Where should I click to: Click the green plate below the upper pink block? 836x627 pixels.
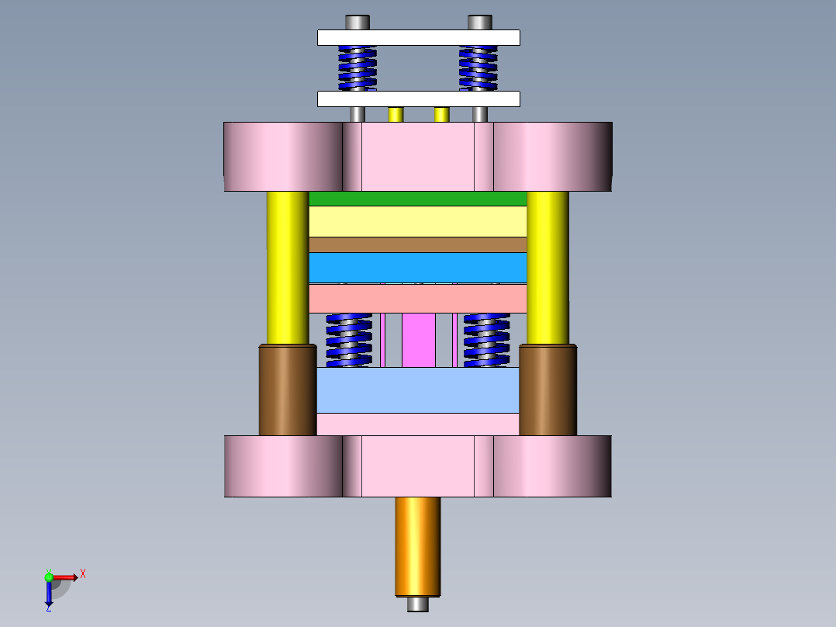click(418, 199)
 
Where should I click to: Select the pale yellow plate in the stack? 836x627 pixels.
click(418, 221)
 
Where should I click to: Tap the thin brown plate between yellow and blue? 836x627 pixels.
click(418, 244)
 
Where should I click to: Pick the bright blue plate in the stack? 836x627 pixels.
click(418, 267)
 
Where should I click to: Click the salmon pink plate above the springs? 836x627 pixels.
click(418, 299)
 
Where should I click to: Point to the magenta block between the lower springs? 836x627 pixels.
click(419, 340)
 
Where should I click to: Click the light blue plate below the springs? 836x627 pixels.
click(418, 390)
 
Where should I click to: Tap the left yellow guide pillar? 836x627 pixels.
click(288, 267)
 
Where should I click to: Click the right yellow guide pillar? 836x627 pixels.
click(548, 267)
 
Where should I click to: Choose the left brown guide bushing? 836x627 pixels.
click(288, 390)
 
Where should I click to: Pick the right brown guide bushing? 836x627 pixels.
click(548, 390)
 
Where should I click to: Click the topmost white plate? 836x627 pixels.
click(418, 37)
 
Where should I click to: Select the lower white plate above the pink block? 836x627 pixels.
click(418, 99)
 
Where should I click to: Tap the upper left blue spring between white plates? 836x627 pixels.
click(358, 68)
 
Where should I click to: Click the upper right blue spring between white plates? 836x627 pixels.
click(478, 68)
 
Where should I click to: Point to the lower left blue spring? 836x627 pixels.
click(349, 340)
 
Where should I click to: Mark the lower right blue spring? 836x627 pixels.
click(487, 340)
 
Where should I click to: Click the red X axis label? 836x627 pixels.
click(83, 574)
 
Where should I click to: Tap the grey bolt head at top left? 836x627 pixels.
click(358, 23)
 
